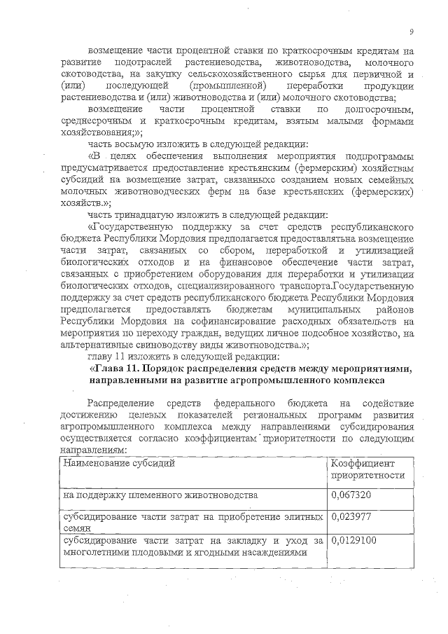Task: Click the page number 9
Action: (x=411, y=32)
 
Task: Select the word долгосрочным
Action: (x=382, y=110)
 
